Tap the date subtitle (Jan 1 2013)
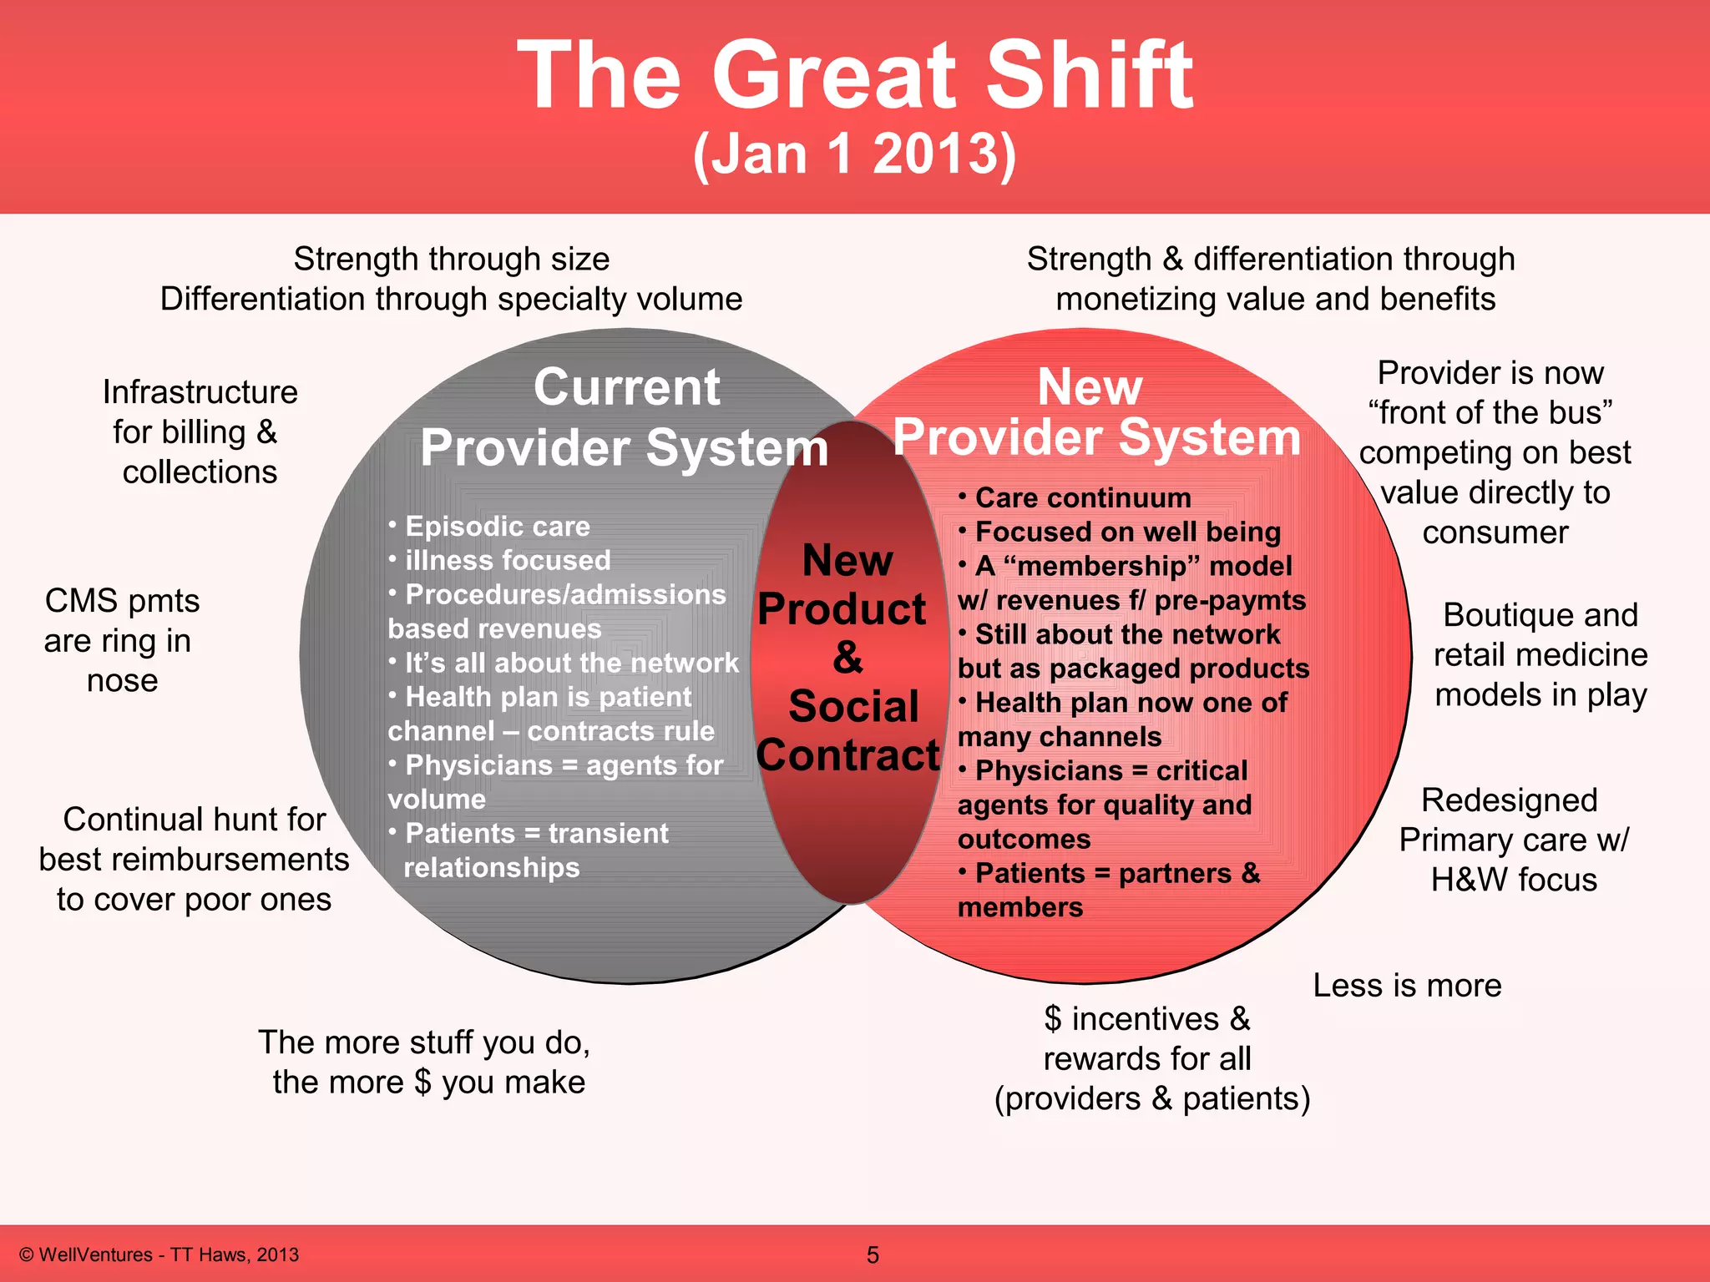click(855, 154)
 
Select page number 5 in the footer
click(873, 1254)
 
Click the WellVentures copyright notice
click(159, 1254)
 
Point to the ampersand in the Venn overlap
click(847, 658)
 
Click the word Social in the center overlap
click(853, 706)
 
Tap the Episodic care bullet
click(497, 527)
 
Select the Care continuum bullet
click(1082, 498)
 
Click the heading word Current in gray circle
click(626, 387)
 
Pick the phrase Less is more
click(1407, 986)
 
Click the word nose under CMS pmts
click(122, 681)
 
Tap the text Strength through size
click(451, 260)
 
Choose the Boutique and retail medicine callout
click(1541, 654)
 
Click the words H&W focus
click(1513, 880)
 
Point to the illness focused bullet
click(507, 560)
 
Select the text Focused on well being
click(1127, 532)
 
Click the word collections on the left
click(200, 472)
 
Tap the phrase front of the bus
click(1490, 412)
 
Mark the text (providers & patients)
click(1152, 1098)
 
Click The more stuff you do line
click(424, 1042)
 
